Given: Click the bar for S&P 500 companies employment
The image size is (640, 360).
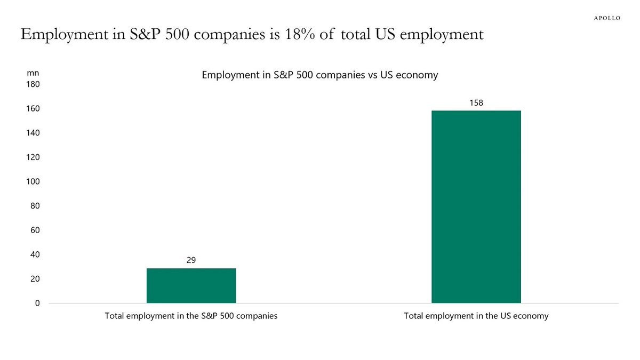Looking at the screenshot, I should pyautogui.click(x=191, y=285).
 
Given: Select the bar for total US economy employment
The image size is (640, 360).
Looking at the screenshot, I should pyautogui.click(x=476, y=207).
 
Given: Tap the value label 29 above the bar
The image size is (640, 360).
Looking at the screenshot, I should pyautogui.click(x=191, y=260).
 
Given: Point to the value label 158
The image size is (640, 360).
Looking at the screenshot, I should pyautogui.click(x=476, y=102).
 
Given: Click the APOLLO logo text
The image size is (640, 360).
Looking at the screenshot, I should pyautogui.click(x=607, y=18).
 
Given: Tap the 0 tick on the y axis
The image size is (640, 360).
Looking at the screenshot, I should pyautogui.click(x=37, y=303).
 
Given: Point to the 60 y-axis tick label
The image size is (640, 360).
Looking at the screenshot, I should pyautogui.click(x=35, y=230).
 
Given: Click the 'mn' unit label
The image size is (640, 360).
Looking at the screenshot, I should pyautogui.click(x=33, y=73).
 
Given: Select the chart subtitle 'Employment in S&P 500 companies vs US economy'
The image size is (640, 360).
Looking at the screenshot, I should pyautogui.click(x=319, y=75).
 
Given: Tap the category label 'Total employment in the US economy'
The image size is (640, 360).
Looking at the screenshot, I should pyautogui.click(x=476, y=316).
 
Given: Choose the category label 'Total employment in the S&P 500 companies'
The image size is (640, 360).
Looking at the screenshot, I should pyautogui.click(x=191, y=316).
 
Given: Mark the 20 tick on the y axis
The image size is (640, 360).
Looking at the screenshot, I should pyautogui.click(x=35, y=279).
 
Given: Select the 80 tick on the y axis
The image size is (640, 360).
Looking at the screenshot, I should pyautogui.click(x=35, y=206).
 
